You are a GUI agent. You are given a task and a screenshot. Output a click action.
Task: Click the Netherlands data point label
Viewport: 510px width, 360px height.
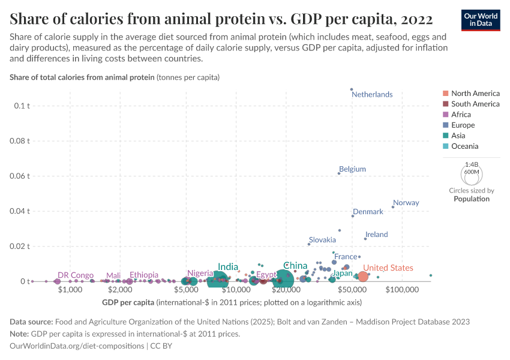point(372,95)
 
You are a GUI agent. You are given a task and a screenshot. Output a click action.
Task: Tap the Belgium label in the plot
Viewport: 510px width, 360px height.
point(352,169)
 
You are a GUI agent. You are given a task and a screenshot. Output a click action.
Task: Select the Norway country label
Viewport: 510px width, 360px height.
point(406,203)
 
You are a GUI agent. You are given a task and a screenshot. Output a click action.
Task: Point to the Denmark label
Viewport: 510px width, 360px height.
point(368,212)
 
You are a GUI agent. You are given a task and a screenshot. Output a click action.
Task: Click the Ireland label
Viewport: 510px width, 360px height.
point(376,235)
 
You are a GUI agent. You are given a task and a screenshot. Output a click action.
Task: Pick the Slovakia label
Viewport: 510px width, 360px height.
point(322,240)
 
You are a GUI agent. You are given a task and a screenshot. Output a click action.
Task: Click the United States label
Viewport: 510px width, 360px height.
point(388,268)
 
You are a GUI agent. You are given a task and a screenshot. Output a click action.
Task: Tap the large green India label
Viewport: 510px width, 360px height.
point(228,267)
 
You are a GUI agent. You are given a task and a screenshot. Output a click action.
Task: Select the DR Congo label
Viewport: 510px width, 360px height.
point(76,275)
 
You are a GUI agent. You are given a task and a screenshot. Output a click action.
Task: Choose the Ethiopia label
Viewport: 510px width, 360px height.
point(144,275)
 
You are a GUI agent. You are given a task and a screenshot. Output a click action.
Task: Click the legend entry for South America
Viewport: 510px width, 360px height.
point(475,104)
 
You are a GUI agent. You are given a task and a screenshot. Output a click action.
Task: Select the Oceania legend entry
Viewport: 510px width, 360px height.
point(465,146)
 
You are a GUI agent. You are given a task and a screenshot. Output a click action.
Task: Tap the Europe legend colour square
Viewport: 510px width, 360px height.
point(445,125)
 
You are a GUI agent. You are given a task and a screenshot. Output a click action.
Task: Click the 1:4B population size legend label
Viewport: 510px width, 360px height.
point(472,164)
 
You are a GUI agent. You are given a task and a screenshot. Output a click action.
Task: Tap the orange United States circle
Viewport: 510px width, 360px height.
point(363,277)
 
